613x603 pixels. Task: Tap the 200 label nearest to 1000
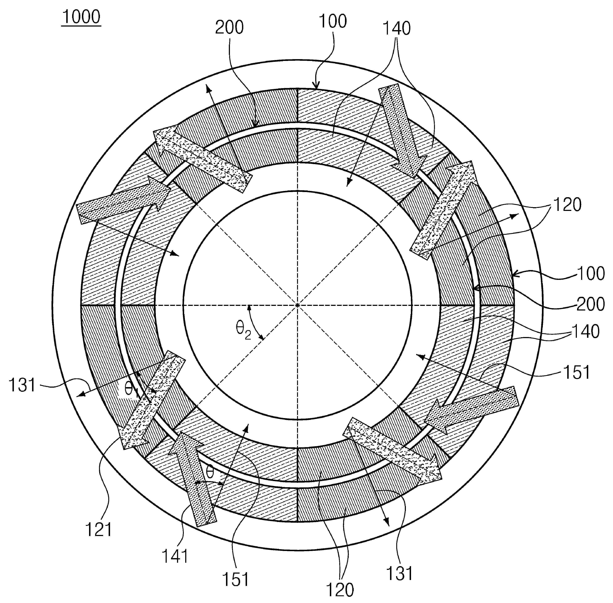pos(229,28)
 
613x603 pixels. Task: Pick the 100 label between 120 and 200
pos(591,273)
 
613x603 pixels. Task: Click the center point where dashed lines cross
pos(297,305)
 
